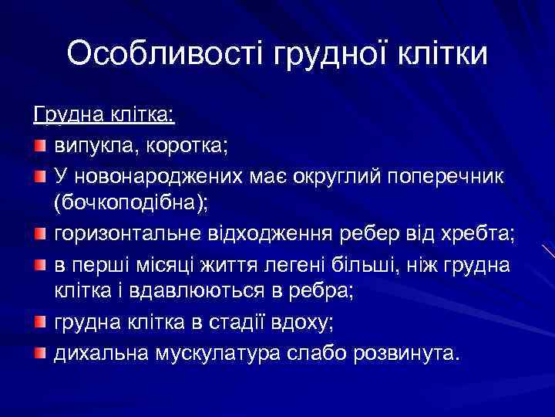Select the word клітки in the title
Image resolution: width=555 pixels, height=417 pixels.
point(443,54)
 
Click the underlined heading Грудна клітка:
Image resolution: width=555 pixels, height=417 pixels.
point(105,116)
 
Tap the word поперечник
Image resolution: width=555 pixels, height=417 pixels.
point(434,176)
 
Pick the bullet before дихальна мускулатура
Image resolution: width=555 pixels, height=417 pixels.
point(40,354)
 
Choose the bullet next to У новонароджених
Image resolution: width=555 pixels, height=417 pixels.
point(40,176)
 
